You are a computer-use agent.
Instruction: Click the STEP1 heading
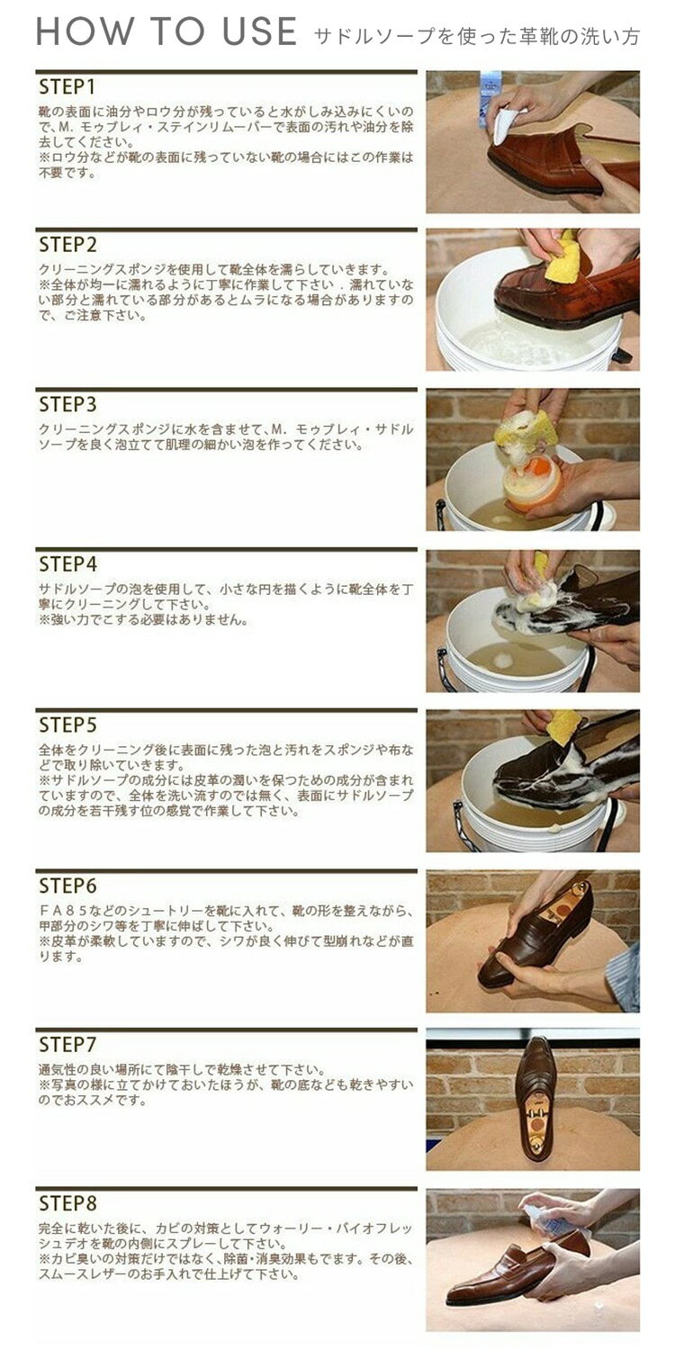(x=67, y=87)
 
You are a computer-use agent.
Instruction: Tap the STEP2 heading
(x=68, y=246)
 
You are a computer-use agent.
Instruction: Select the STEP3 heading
(x=68, y=404)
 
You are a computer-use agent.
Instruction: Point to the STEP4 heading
(x=68, y=564)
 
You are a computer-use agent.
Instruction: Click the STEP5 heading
(x=68, y=725)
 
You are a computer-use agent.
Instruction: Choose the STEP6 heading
(x=68, y=886)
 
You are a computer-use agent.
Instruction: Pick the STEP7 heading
(x=68, y=1044)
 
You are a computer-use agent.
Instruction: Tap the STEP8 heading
(x=68, y=1203)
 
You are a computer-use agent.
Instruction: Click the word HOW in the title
(x=84, y=31)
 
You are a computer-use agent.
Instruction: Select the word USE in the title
(x=259, y=31)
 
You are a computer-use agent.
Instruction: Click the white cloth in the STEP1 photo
(x=505, y=125)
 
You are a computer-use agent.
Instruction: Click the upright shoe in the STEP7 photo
(x=536, y=1098)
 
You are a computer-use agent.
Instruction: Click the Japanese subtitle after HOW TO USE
(x=477, y=36)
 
